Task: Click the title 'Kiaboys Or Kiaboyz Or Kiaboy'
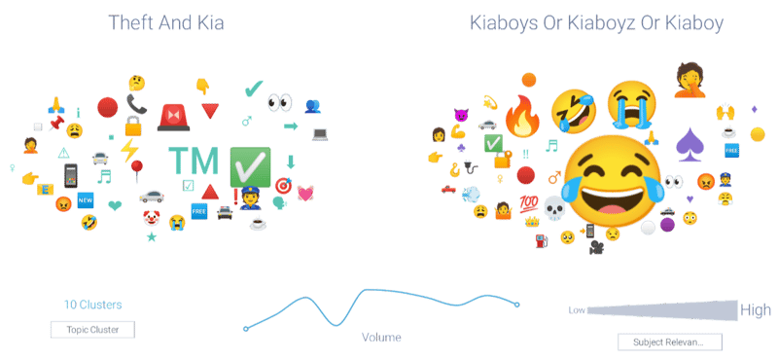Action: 595,21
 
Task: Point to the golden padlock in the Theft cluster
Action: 134,126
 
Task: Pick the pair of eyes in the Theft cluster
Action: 280,102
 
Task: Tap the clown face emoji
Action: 151,217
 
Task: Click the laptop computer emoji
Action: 320,133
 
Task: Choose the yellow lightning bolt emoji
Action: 129,150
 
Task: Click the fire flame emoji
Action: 523,120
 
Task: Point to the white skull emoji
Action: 553,207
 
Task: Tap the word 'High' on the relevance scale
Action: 756,309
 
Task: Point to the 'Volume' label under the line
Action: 381,337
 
